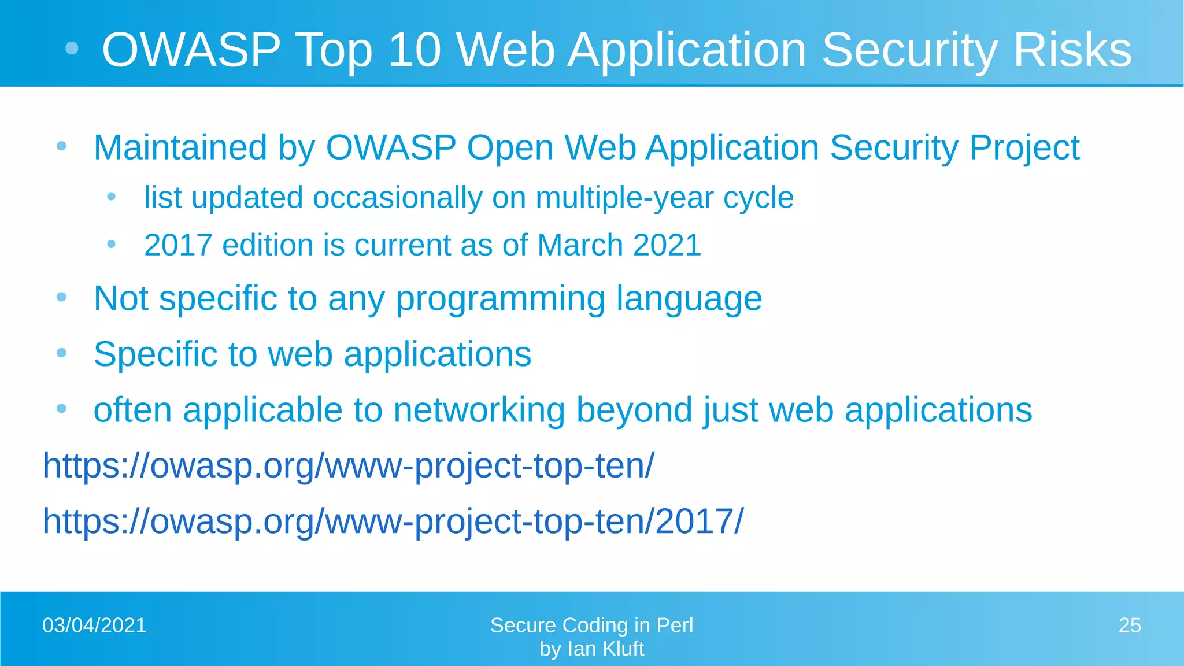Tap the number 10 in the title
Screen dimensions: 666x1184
click(415, 50)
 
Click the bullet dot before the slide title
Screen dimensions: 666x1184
click(72, 49)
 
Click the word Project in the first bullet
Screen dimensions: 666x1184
click(1024, 148)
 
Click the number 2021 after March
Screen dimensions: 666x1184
click(667, 245)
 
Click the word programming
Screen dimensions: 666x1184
click(500, 299)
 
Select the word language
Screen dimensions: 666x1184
click(689, 299)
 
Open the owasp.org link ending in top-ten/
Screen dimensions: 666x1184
click(349, 466)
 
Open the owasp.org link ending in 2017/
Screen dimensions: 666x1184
click(393, 521)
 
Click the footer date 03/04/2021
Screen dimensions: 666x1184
click(94, 626)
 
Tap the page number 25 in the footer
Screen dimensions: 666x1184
click(1130, 626)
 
